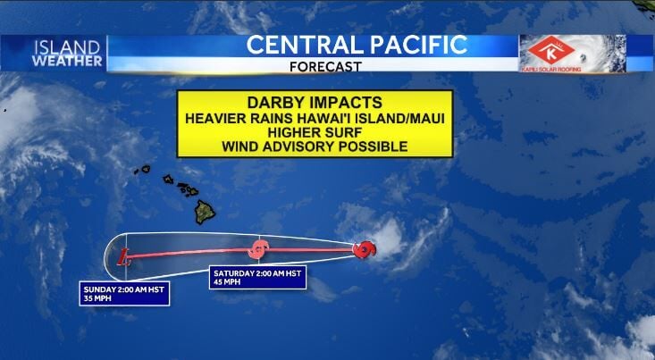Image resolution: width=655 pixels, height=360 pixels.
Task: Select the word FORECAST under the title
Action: [326, 66]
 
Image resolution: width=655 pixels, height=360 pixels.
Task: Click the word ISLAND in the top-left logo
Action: [66, 47]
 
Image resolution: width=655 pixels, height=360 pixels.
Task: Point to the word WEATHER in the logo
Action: [66, 61]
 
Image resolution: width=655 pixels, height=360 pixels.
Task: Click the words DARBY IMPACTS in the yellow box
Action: [291, 102]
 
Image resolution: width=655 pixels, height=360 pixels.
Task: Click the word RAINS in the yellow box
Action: [268, 116]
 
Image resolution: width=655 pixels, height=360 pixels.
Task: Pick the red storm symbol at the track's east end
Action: [364, 250]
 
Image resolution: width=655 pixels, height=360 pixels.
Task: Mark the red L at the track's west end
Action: [124, 257]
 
